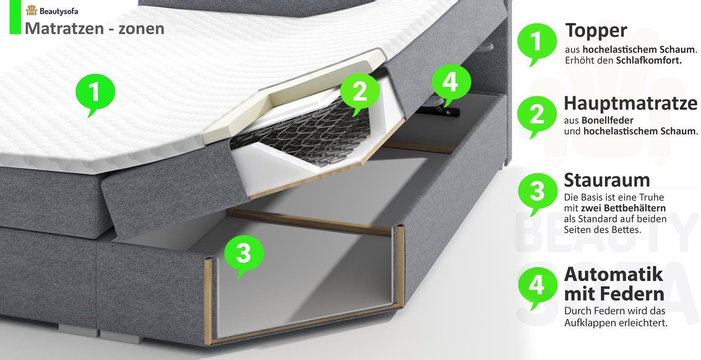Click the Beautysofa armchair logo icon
[x=31, y=11]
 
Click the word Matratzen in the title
[x=64, y=28]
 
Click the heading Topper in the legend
[x=596, y=31]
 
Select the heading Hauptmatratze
[x=630, y=103]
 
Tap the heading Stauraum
[x=607, y=180]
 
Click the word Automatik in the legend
[x=613, y=274]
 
